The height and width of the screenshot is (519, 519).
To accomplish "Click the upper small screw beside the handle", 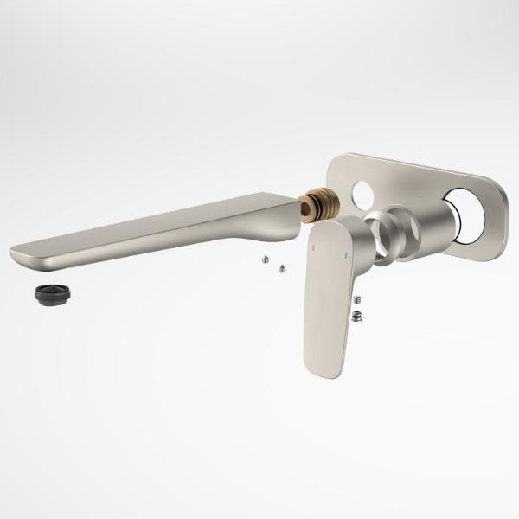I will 357,299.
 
